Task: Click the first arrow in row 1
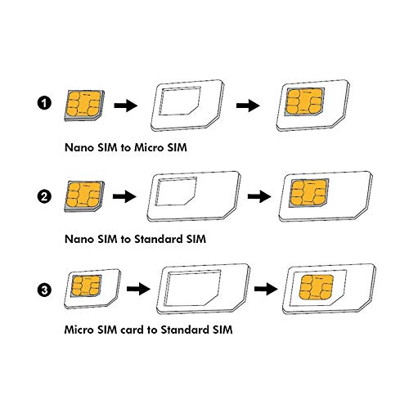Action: (124, 106)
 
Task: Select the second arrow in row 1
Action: (249, 106)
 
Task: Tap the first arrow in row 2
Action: (125, 197)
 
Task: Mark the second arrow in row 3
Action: (266, 288)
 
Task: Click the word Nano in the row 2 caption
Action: (80, 240)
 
